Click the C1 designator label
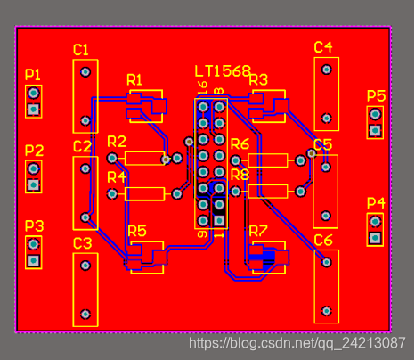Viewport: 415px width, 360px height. click(81, 50)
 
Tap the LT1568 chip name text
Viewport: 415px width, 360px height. click(223, 71)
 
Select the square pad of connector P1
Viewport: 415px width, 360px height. click(33, 110)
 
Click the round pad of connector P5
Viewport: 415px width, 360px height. click(375, 114)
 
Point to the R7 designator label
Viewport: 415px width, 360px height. click(258, 231)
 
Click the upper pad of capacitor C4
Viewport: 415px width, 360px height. click(327, 70)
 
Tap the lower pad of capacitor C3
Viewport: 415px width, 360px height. click(85, 314)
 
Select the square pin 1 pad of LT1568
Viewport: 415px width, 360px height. click(219, 220)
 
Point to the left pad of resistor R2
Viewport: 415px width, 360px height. click(112, 158)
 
